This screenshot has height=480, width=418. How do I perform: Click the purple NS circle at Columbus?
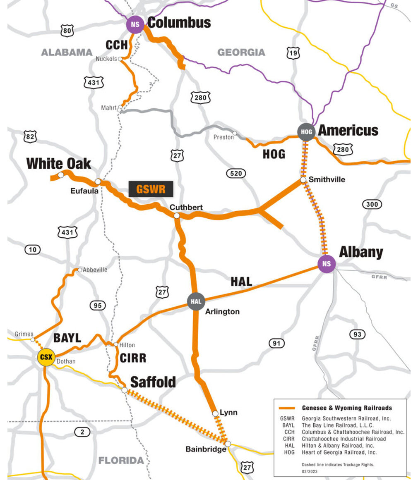(135, 25)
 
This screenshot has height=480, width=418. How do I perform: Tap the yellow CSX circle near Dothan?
(46, 357)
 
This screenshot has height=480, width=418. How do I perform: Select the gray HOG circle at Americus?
(306, 132)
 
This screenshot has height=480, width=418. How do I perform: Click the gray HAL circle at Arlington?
(196, 301)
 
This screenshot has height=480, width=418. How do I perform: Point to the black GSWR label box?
(151, 189)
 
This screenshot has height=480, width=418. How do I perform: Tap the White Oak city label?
(58, 164)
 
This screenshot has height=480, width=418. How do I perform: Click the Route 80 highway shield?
(67, 30)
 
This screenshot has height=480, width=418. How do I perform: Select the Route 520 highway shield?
(236, 173)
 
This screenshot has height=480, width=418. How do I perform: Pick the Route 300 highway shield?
(372, 204)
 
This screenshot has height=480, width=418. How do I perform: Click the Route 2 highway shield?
(82, 432)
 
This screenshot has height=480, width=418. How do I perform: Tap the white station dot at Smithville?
(303, 180)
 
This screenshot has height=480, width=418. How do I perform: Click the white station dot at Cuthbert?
(177, 215)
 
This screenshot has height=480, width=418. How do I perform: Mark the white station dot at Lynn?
(215, 413)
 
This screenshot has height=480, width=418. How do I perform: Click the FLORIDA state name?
(121, 460)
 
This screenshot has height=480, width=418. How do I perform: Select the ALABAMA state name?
(67, 53)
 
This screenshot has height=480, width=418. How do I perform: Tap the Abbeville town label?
(95, 270)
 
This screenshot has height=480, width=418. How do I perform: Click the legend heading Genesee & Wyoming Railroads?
(347, 408)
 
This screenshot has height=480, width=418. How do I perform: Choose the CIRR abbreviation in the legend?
(287, 439)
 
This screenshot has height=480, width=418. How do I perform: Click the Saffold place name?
(153, 382)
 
